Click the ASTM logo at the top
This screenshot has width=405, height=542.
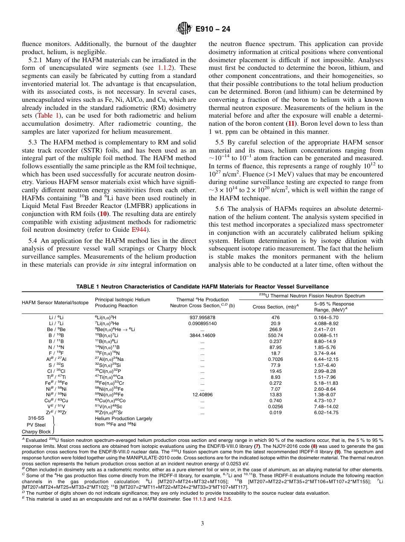184,29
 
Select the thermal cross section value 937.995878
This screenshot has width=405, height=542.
202,317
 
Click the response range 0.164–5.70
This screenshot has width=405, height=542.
326,317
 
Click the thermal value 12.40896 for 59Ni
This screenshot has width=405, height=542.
202,395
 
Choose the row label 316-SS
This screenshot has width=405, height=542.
36,418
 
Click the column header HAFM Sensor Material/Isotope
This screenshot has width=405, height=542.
55,303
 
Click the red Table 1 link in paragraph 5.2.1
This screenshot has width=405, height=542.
48,115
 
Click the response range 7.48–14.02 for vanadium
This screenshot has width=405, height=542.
326,406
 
